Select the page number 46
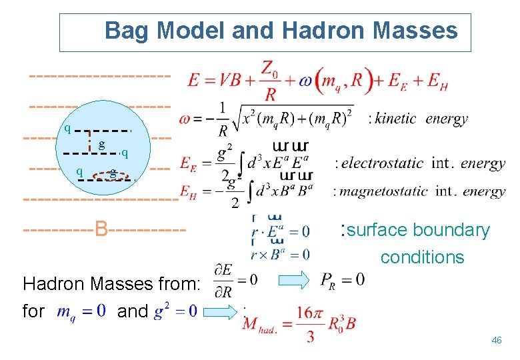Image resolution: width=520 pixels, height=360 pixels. pos(496,341)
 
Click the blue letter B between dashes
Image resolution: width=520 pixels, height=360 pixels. pos(101,229)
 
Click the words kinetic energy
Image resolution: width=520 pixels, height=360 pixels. pos(421,119)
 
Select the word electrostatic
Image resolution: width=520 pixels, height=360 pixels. pos(383,163)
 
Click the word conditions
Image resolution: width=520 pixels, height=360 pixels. pos(422,257)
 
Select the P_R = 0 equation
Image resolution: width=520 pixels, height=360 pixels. pos(342,280)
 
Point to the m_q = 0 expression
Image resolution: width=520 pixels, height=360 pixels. pos(81,312)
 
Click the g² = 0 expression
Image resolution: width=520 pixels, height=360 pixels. pos(175,312)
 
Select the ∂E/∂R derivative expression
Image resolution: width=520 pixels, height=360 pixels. pos(226,280)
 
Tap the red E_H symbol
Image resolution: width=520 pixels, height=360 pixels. pos(187,190)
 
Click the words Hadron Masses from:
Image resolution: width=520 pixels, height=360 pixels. pos(111,285)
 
